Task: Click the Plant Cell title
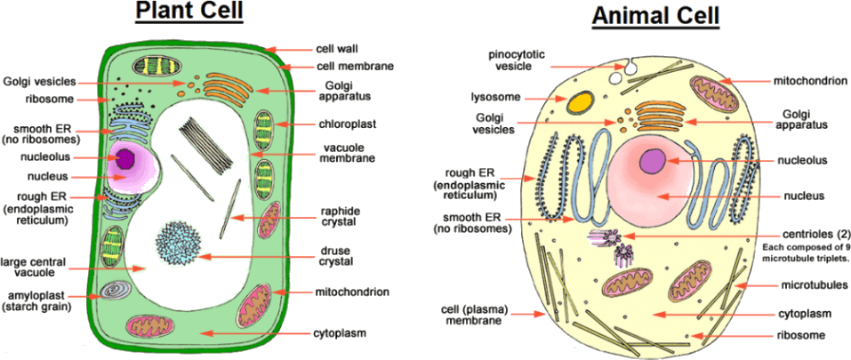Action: coord(189,12)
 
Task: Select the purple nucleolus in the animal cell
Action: coord(653,162)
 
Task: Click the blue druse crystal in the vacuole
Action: coord(178,242)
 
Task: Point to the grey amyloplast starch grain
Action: coord(115,290)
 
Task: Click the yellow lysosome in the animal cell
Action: coord(581,100)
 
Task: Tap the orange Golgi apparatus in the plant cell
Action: coord(228,88)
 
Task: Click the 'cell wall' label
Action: coord(337,49)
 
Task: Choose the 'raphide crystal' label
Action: coord(340,217)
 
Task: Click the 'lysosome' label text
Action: coord(494,96)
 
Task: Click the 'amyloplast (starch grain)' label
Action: coord(37,300)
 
